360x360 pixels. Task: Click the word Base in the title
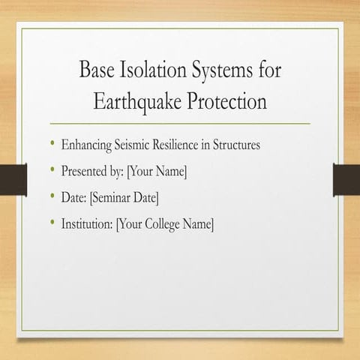pyautogui.click(x=97, y=71)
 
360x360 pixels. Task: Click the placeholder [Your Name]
pyautogui.click(x=157, y=172)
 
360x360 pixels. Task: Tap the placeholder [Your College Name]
pyautogui.click(x=165, y=224)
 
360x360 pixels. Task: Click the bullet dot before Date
pyautogui.click(x=52, y=197)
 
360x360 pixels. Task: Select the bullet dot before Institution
pyautogui.click(x=52, y=223)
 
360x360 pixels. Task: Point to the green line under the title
pyautogui.click(x=180, y=122)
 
